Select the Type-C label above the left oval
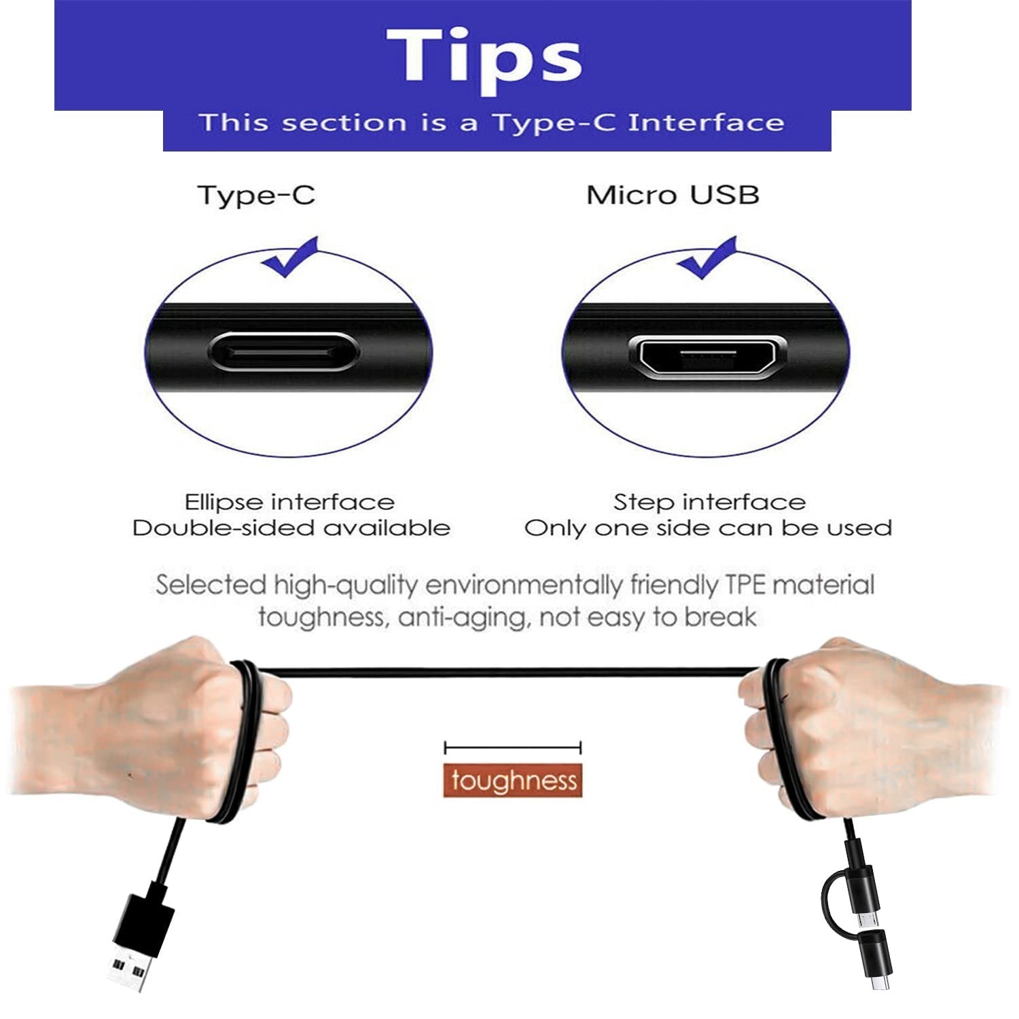(x=257, y=196)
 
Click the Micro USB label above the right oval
(x=673, y=195)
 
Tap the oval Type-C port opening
(x=281, y=353)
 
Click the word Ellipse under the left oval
(x=224, y=502)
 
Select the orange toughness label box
(x=514, y=781)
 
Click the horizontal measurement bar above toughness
(x=513, y=748)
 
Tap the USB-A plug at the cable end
(x=140, y=939)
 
